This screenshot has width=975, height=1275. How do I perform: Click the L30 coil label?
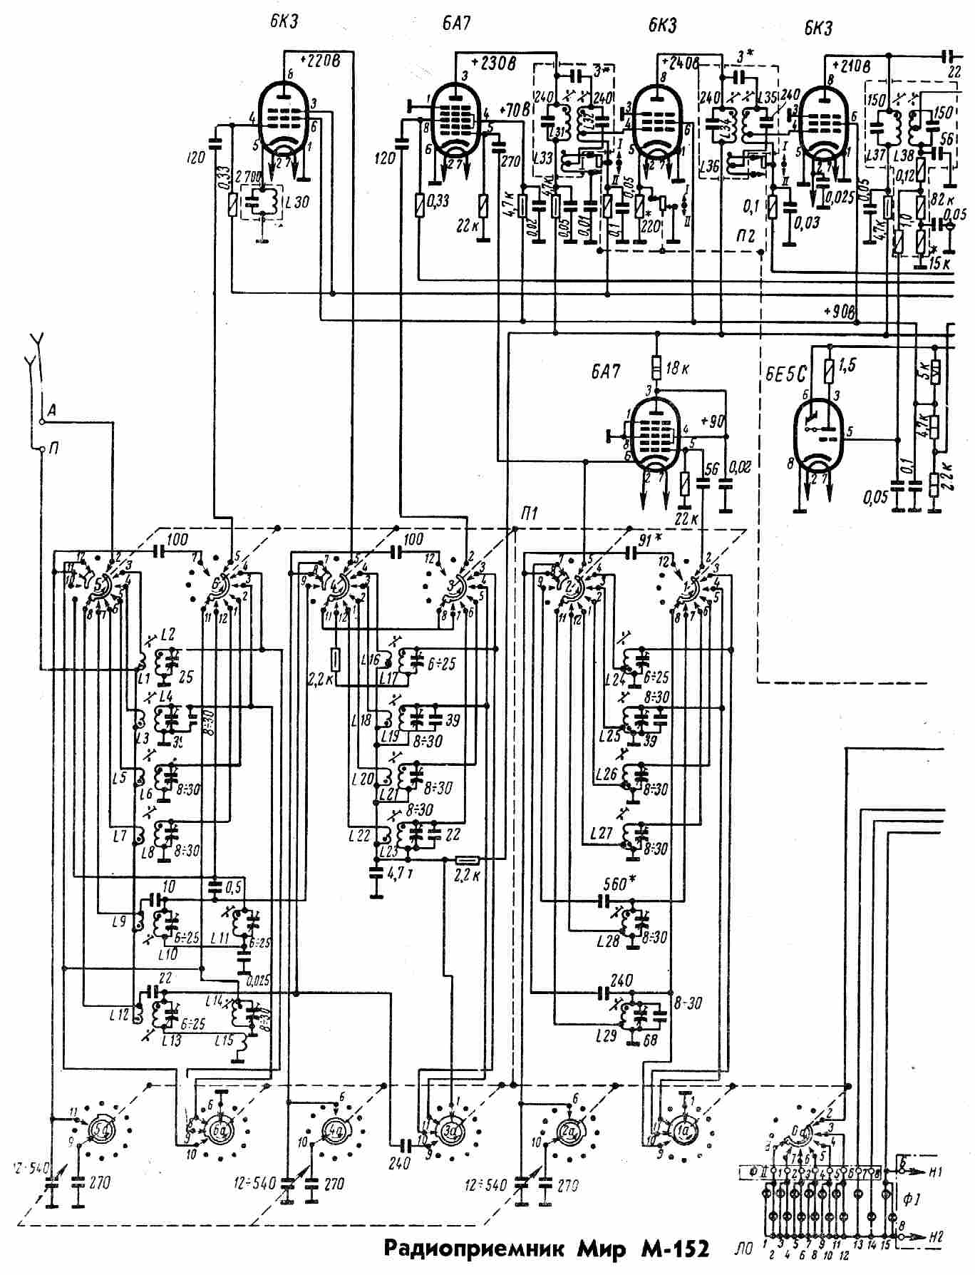[x=296, y=203]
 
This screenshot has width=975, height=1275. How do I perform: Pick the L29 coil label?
[x=604, y=1033]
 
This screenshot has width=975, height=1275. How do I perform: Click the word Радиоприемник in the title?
[x=470, y=1249]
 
